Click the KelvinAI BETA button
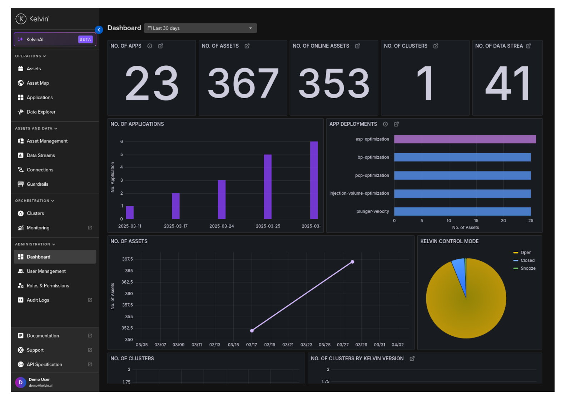(55, 39)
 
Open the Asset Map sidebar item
(38, 83)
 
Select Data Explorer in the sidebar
(41, 112)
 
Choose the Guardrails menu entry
(37, 184)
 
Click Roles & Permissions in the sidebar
(48, 286)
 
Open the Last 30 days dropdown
(200, 28)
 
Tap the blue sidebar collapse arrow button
(99, 30)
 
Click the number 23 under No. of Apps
(152, 84)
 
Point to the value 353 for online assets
(334, 84)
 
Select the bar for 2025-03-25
(268, 186)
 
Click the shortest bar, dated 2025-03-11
(130, 212)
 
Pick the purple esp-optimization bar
(465, 139)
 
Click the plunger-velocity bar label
(372, 211)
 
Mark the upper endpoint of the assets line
(352, 262)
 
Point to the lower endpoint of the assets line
(252, 331)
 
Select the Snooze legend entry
(527, 268)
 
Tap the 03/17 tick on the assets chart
(252, 345)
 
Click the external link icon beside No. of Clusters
(436, 46)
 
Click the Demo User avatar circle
(21, 382)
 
